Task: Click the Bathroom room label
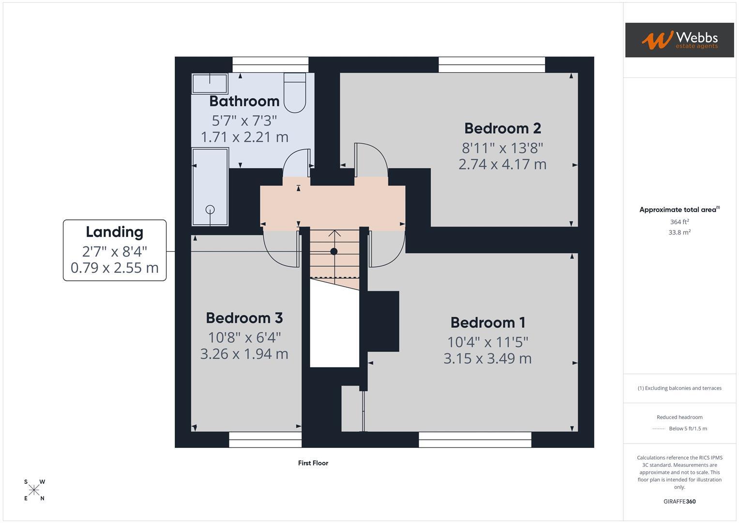click(x=244, y=101)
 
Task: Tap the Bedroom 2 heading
click(x=502, y=128)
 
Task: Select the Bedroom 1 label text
click(x=488, y=322)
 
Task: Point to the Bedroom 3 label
click(x=244, y=318)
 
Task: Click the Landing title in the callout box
click(x=115, y=232)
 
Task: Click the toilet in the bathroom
click(x=295, y=93)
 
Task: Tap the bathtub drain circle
click(x=210, y=209)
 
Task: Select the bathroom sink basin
click(x=210, y=83)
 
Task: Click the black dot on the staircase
click(x=334, y=252)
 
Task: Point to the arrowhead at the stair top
click(x=334, y=233)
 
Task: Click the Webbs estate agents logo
click(x=679, y=40)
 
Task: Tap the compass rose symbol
click(x=34, y=490)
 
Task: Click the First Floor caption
click(x=313, y=463)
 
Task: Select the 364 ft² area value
click(x=679, y=222)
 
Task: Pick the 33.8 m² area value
click(x=679, y=232)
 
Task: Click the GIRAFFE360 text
click(x=679, y=501)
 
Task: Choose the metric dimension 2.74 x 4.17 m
click(x=502, y=164)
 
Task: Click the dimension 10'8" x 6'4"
click(x=244, y=338)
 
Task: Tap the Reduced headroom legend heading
click(x=679, y=417)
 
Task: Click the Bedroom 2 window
click(x=492, y=65)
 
